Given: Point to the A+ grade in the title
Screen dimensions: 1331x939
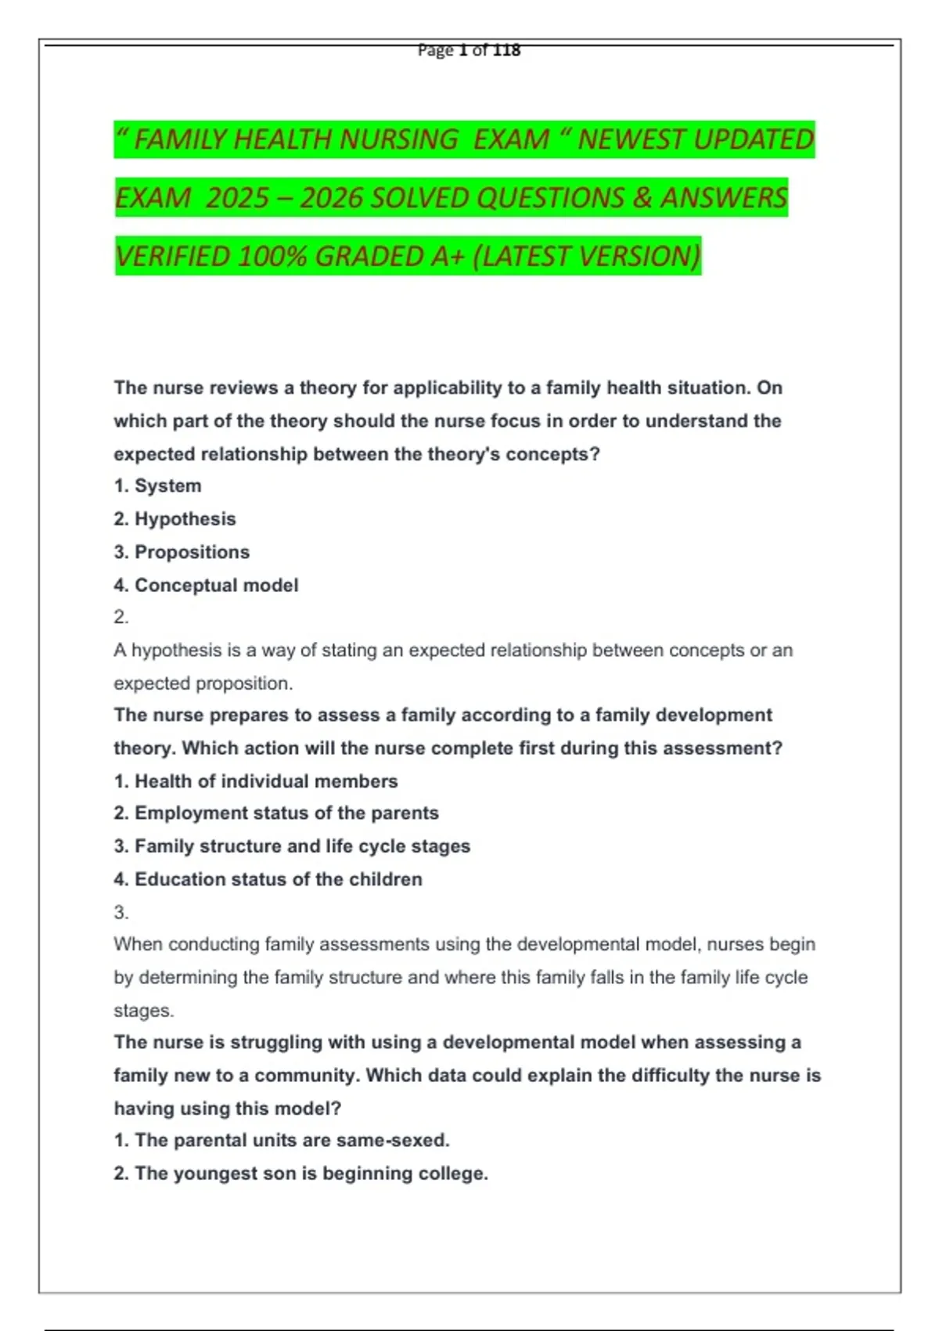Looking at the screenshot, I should click(x=448, y=257).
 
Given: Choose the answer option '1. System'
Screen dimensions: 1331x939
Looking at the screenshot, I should click(x=157, y=486).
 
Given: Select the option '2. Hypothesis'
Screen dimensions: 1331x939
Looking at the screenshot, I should click(x=174, y=519).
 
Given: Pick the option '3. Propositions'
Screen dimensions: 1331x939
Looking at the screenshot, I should click(x=182, y=552).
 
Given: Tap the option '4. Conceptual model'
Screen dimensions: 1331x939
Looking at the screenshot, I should click(x=206, y=586).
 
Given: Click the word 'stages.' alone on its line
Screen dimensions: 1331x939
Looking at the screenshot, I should click(x=143, y=1011).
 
